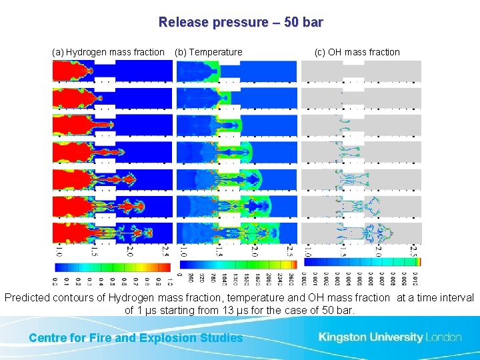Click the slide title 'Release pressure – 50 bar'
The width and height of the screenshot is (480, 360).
(x=241, y=22)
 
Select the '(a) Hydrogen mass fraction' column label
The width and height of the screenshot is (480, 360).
(x=108, y=52)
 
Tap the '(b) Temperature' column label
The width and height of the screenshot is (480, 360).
(x=209, y=52)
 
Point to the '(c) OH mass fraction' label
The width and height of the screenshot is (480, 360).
(x=357, y=52)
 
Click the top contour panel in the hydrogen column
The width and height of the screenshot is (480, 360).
(x=112, y=71)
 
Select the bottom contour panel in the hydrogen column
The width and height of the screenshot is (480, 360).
(x=112, y=233)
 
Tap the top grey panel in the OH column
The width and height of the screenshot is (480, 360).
(x=361, y=71)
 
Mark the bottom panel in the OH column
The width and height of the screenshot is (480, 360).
(x=361, y=233)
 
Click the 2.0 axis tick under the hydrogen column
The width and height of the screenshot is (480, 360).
(x=130, y=251)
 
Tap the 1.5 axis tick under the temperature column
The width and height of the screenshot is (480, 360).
(x=219, y=251)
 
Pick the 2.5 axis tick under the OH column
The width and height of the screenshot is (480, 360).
(x=414, y=251)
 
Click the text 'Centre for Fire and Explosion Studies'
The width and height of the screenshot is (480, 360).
(x=136, y=338)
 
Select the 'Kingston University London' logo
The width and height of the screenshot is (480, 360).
(x=389, y=337)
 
